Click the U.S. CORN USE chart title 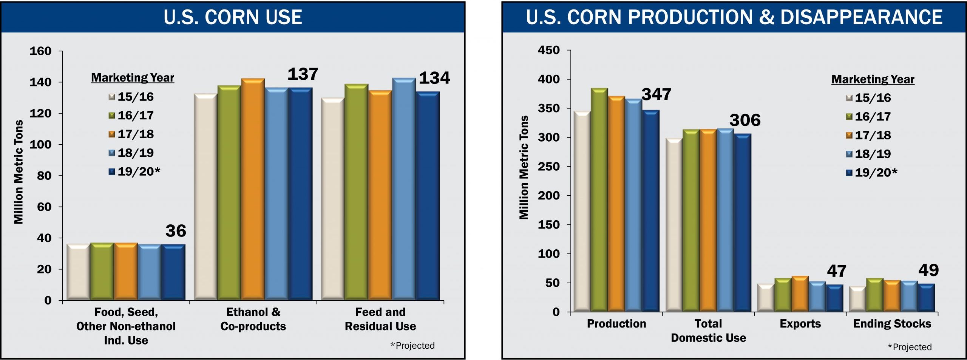click(x=233, y=17)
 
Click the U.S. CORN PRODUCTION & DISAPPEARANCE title click(x=734, y=17)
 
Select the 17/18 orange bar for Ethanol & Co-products click(x=253, y=189)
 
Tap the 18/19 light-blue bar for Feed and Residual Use click(x=404, y=189)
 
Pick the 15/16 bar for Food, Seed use click(x=78, y=272)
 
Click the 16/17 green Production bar click(x=599, y=200)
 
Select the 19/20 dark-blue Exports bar click(x=834, y=298)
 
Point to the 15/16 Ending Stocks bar click(x=857, y=299)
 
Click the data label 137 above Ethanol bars click(x=303, y=74)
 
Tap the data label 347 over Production click(x=656, y=94)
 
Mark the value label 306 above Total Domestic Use click(x=745, y=120)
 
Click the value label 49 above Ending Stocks click(x=928, y=270)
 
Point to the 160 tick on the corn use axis click(x=40, y=51)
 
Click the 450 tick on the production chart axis click(x=548, y=50)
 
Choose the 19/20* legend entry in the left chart click(x=134, y=172)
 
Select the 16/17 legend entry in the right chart click(x=868, y=116)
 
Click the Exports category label click(x=800, y=324)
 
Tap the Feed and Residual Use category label click(x=380, y=319)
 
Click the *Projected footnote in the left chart click(x=412, y=346)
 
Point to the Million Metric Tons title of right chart click(x=524, y=167)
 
